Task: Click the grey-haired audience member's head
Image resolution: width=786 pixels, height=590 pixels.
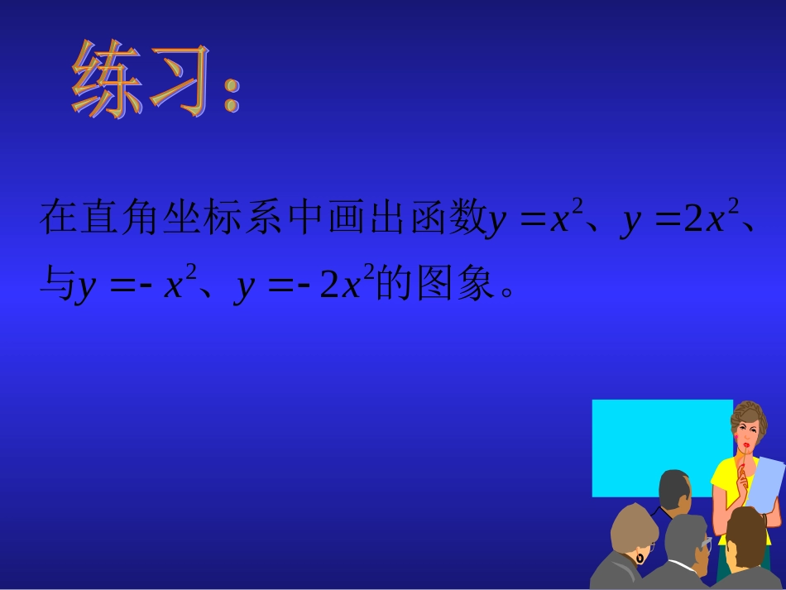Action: coord(686,539)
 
